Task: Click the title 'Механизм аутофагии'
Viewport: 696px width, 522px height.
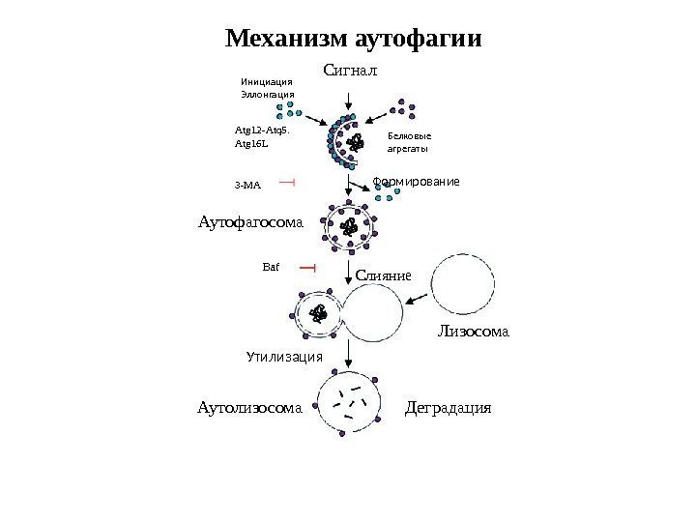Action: coord(354,40)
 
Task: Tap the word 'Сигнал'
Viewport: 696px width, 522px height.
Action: coord(349,70)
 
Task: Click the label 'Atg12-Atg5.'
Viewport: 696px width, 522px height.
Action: coord(261,127)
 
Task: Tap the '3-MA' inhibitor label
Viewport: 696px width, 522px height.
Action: coord(248,183)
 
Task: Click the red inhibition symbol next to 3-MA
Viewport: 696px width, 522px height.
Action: coord(286,181)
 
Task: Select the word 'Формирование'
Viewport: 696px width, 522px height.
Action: coord(417,182)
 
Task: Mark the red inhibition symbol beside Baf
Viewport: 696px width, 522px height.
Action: coord(307,266)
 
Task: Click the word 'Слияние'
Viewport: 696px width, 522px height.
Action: coord(384,275)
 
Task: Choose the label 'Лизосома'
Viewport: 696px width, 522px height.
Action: coord(473,333)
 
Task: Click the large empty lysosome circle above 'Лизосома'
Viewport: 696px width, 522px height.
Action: coord(468,287)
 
